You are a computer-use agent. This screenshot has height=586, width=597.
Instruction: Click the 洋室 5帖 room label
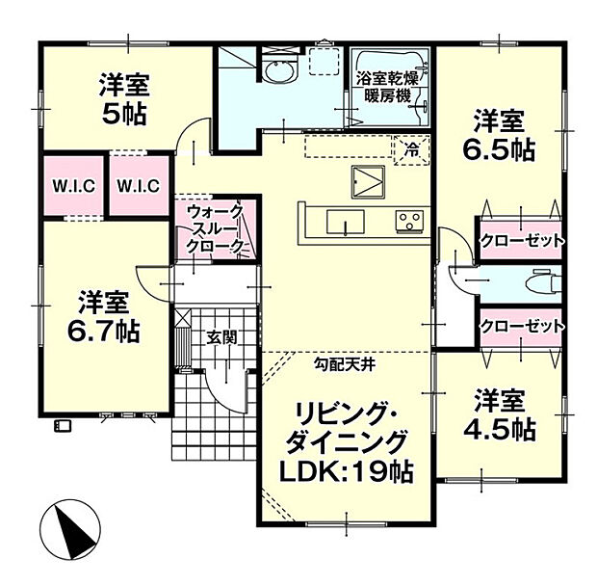coord(122,99)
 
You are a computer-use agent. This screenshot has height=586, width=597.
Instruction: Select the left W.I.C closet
coord(72,186)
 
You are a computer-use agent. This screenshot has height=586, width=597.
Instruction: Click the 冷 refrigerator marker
coord(412,149)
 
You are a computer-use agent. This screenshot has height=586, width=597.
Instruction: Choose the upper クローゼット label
coord(521,240)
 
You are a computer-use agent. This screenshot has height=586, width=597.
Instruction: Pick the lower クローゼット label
coord(521,326)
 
